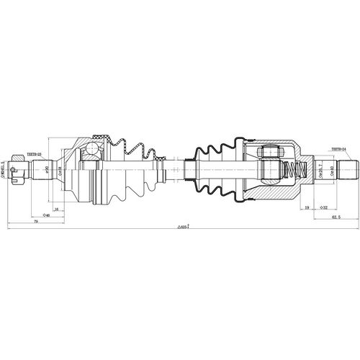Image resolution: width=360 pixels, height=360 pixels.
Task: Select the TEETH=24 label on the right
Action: click(x=339, y=150)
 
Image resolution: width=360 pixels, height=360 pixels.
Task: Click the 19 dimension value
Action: click(x=307, y=207)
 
